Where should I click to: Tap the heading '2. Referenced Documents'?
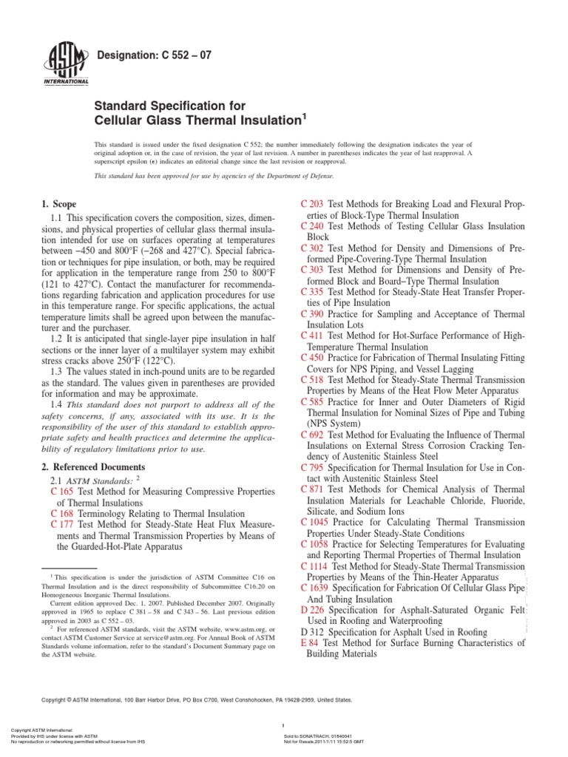coord(92,467)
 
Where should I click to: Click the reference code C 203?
coord(311,204)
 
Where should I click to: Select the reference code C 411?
coord(311,336)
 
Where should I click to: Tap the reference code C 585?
coord(311,402)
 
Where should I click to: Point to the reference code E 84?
coord(308,643)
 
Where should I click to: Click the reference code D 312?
coord(311,632)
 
